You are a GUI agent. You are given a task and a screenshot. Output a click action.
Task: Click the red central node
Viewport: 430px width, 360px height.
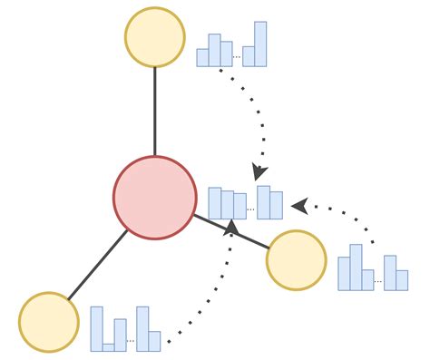[x=155, y=198]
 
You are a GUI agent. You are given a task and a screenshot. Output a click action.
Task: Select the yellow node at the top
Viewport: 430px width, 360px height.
[x=155, y=37]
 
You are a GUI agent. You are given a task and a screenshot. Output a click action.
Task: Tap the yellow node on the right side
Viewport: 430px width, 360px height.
[x=296, y=260]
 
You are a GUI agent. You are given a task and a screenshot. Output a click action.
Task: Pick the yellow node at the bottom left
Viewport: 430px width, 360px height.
[x=49, y=322]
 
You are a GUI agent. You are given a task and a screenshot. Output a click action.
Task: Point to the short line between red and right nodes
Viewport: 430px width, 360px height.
[x=232, y=230]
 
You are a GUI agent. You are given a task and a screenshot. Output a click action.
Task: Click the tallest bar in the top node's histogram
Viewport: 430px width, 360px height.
[x=260, y=44]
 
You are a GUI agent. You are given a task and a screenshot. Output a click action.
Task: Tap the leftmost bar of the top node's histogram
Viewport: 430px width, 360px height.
[x=202, y=57]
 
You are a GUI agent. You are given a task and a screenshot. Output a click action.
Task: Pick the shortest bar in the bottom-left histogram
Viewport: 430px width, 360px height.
[x=109, y=346]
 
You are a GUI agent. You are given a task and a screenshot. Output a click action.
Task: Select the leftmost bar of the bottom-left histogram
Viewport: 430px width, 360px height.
[x=96, y=328]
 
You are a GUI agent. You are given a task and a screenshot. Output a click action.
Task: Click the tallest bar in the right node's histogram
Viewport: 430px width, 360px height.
[x=356, y=267]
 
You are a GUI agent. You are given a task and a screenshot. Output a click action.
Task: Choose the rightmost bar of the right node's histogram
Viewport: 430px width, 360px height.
[x=402, y=279]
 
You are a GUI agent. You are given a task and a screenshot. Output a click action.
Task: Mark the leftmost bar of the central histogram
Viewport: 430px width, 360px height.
[x=215, y=203]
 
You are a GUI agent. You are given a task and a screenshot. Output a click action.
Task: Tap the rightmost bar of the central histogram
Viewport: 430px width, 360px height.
[x=276, y=206]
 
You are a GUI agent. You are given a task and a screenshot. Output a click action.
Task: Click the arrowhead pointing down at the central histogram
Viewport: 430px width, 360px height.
[x=260, y=170]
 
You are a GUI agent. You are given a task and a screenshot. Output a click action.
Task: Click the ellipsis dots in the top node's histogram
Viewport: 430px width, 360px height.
[x=238, y=57]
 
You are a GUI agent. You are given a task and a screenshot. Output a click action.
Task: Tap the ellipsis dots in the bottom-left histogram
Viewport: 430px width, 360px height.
[x=131, y=341]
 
